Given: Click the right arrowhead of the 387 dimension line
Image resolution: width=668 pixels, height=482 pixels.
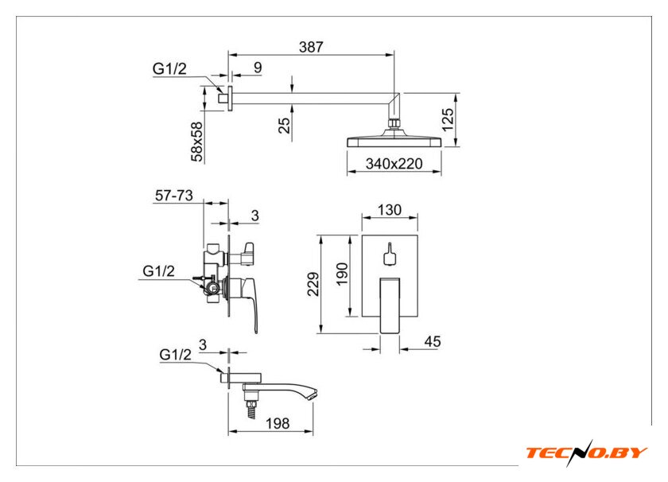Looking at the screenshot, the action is click(390, 55).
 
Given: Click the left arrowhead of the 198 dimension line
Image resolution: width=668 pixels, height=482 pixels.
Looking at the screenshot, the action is click(232, 432).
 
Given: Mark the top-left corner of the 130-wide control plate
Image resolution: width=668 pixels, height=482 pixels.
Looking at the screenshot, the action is click(362, 235).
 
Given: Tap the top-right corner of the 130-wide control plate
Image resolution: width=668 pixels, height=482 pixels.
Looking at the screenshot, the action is click(417, 235).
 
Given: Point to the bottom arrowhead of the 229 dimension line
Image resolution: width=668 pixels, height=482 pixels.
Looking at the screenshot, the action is click(320, 329).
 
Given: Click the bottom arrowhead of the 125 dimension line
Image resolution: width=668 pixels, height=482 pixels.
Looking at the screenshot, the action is click(456, 142).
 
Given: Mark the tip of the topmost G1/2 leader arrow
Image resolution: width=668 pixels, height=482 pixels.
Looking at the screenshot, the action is click(223, 92).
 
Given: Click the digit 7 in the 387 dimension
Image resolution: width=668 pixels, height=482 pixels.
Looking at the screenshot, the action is click(319, 47).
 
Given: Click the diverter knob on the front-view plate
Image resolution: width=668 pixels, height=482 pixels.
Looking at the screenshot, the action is click(390, 254).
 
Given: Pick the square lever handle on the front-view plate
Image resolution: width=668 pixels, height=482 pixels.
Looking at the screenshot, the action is click(390, 305).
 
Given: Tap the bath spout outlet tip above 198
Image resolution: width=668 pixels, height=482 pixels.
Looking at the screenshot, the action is click(314, 394).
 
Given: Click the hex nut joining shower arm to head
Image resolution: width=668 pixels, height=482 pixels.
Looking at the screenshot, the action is click(395, 123).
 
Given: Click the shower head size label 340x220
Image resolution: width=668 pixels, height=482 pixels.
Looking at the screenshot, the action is click(394, 164).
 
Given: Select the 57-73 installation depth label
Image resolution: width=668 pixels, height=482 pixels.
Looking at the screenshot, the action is click(174, 195).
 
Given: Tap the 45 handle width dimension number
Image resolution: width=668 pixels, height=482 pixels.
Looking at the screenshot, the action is click(433, 341).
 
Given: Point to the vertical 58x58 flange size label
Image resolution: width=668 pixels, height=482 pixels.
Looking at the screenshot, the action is click(197, 142).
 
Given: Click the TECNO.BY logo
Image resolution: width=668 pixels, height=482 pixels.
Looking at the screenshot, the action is click(587, 453).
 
